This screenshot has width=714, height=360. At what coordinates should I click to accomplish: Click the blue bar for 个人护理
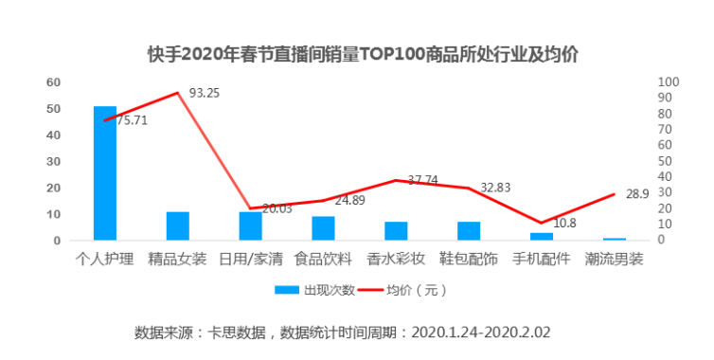coord(105,173)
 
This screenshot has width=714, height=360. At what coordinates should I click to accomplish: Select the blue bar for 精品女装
coord(178,225)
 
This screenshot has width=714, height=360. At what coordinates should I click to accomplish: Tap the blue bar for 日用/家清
coord(250,225)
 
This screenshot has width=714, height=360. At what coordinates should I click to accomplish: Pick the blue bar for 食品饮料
coord(323,228)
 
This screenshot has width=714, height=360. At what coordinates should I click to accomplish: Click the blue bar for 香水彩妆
coord(396,231)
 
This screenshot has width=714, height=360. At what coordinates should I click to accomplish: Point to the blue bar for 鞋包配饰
coord(469,231)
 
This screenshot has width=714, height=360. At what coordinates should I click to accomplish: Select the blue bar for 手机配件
coord(542,236)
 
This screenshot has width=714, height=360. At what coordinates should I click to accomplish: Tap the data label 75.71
coord(132,120)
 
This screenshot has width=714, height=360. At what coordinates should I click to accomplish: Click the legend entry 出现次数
coord(316,290)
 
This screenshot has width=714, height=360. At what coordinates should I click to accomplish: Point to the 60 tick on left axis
coord(53,82)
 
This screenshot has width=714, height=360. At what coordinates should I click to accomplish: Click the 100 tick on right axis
coord(669,82)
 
